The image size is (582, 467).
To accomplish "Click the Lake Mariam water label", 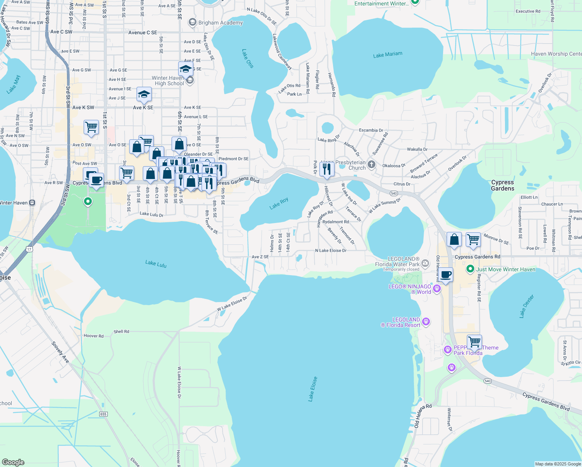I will click(x=387, y=55).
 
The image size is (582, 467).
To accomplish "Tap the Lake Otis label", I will click(x=248, y=59).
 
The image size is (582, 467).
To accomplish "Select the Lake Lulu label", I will click(x=156, y=264).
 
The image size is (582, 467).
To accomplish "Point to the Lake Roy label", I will click(x=279, y=203).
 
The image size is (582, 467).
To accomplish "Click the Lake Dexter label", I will click(x=527, y=306).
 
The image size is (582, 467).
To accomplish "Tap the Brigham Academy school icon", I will click(x=192, y=23).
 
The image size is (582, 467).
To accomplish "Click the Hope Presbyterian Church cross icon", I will click(x=372, y=164).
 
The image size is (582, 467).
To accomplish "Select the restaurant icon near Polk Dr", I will click(x=327, y=169).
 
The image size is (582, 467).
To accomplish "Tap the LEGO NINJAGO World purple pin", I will click(x=436, y=288).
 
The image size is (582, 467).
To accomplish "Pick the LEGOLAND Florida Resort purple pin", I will click(x=426, y=321).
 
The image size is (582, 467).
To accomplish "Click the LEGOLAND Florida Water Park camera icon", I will click(x=425, y=263).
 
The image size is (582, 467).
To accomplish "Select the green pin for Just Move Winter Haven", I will click(x=470, y=269).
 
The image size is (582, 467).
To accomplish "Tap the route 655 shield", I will click(x=103, y=414).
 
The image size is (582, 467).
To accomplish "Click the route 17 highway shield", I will click(x=30, y=249).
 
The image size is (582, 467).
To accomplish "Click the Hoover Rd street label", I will click(x=94, y=336).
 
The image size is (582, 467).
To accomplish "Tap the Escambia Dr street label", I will click(x=371, y=130).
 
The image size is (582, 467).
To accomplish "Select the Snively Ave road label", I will click(x=61, y=353).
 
